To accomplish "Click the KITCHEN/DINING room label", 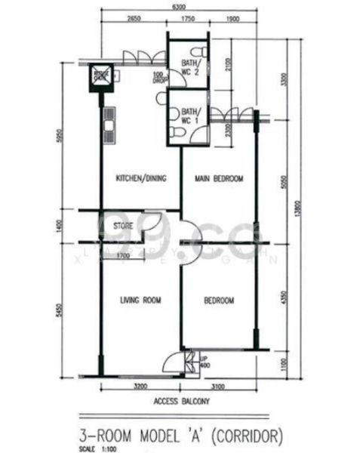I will pos(140,179).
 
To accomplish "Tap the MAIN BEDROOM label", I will pos(219,179).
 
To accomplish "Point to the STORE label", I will pos(123,225).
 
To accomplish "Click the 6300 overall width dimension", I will pos(179,6).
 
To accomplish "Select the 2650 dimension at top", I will pos(134,17).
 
